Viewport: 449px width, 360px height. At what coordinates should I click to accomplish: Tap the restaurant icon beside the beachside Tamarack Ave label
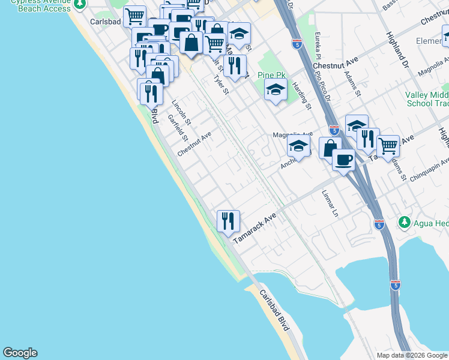click(x=228, y=221)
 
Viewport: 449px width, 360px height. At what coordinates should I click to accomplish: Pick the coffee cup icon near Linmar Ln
click(x=343, y=160)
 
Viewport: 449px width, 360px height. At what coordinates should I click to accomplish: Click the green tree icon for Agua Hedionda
click(x=405, y=223)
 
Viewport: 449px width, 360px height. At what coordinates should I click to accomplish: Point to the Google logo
click(x=20, y=353)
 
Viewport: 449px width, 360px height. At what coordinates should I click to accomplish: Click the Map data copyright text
click(x=412, y=355)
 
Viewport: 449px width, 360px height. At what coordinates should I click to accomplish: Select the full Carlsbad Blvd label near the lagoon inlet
click(x=274, y=310)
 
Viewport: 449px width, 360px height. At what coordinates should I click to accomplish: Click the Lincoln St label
click(x=181, y=112)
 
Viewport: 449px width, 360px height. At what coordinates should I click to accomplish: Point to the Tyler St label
click(x=221, y=85)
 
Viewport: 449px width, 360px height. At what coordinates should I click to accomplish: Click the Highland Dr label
click(x=397, y=50)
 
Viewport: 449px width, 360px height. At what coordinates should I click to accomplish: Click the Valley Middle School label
click(x=427, y=100)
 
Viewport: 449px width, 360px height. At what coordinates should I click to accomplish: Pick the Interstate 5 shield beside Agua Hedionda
click(x=379, y=224)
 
